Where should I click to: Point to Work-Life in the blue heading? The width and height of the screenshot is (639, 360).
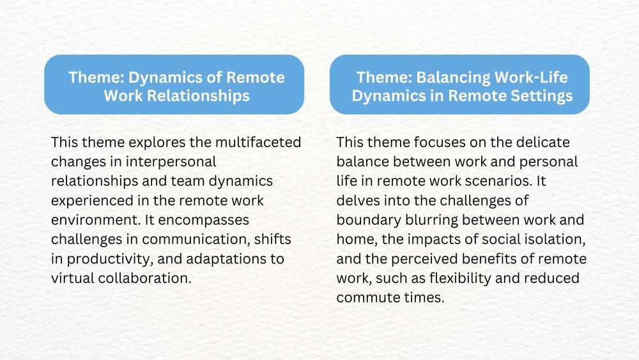[x=532, y=77]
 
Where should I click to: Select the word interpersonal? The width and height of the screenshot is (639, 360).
[x=177, y=161]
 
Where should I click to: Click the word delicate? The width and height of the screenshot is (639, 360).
[x=547, y=141]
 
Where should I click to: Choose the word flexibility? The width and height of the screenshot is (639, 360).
[x=481, y=279]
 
